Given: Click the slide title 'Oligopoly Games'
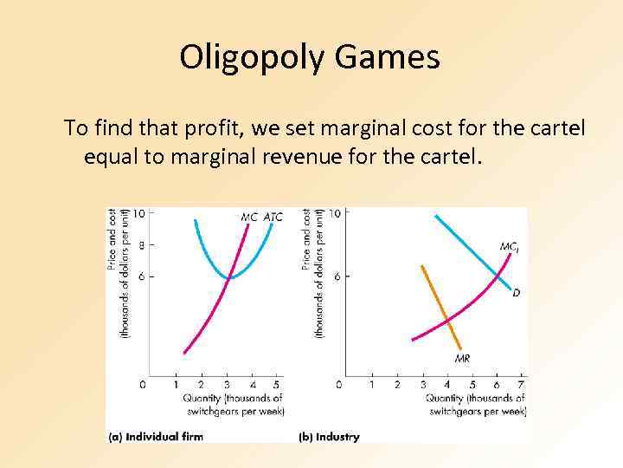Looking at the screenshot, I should pyautogui.click(x=310, y=58).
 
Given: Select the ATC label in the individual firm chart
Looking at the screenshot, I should pyautogui.click(x=273, y=217).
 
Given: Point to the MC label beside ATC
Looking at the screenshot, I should pyautogui.click(x=249, y=217).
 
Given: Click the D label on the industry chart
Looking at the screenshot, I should pyautogui.click(x=517, y=293).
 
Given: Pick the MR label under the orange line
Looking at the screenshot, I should pyautogui.click(x=463, y=359).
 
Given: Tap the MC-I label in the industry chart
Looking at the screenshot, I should pyautogui.click(x=510, y=247).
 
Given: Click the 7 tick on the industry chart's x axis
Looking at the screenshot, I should pyautogui.click(x=520, y=384).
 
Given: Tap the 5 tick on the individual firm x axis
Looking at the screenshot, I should pyautogui.click(x=277, y=384).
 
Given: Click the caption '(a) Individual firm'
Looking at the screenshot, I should pyautogui.click(x=156, y=437).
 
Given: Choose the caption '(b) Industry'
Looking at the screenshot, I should pyautogui.click(x=329, y=437).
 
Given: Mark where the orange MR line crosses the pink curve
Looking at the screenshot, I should pyautogui.click(x=447, y=321).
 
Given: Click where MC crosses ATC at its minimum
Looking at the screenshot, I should pyautogui.click(x=229, y=277).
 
